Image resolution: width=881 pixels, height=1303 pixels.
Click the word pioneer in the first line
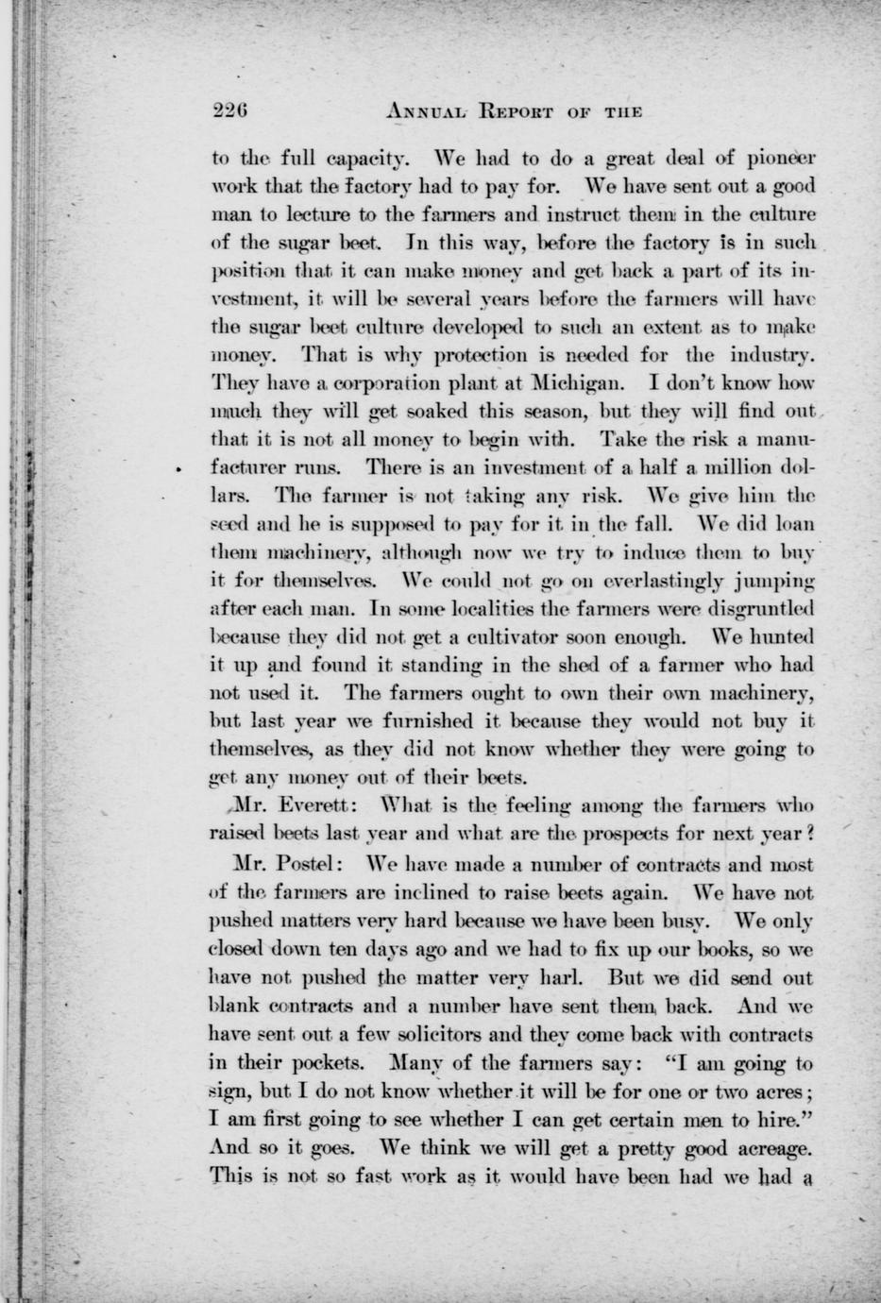click(779, 156)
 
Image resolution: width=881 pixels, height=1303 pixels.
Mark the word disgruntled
click(749, 604)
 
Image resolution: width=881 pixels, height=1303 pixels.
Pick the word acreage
click(768, 1148)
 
